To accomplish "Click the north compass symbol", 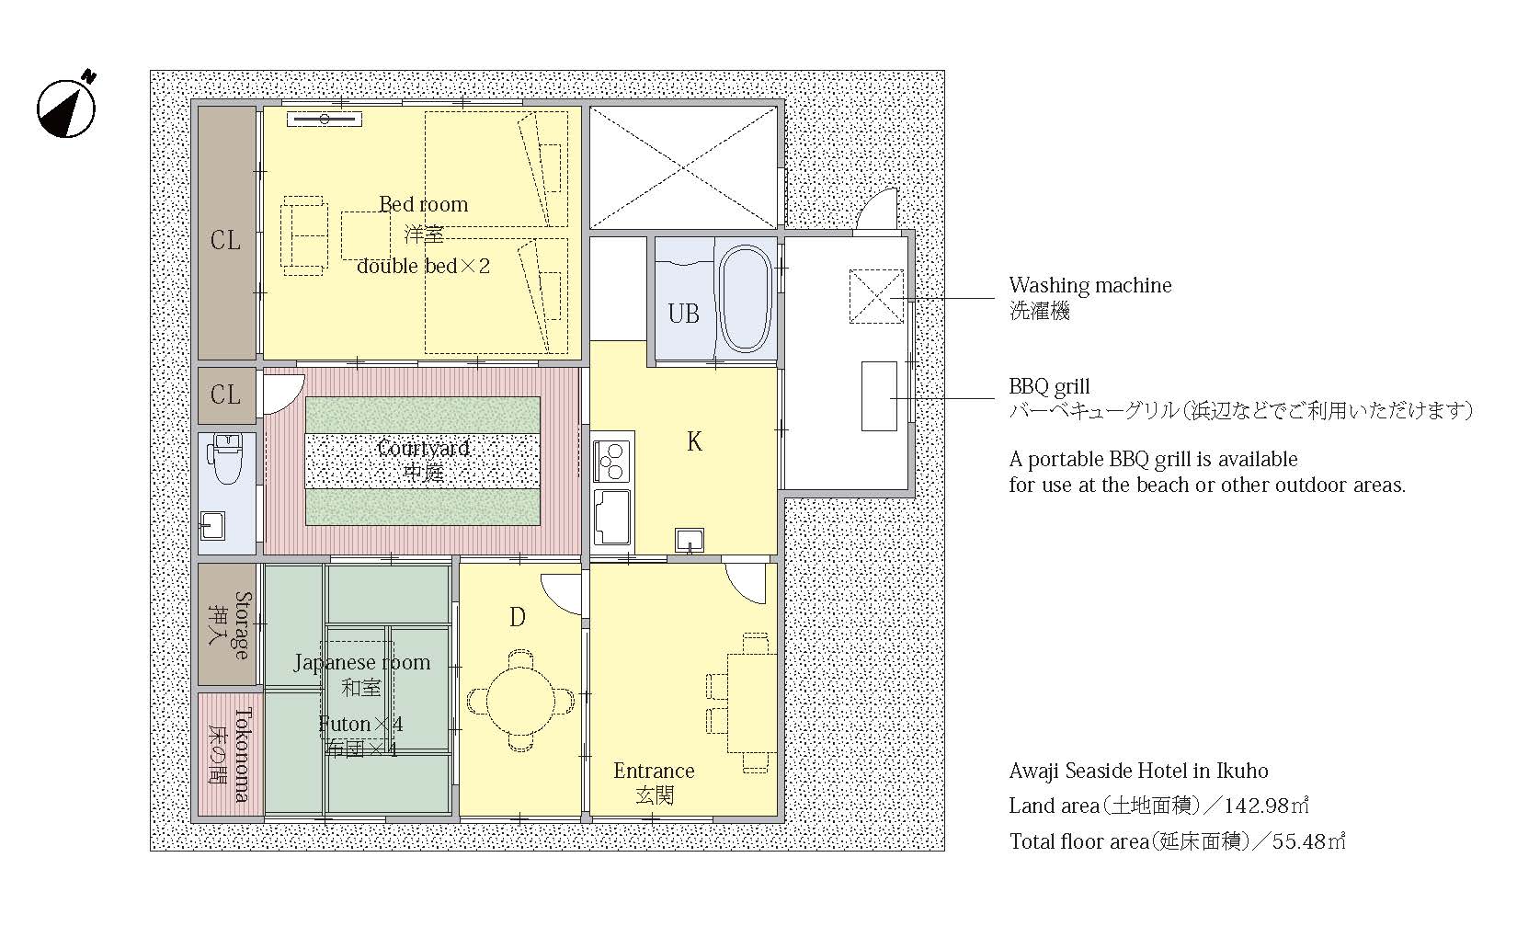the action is point(66,107).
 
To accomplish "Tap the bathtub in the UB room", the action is point(745,299).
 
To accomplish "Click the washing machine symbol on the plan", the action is point(876,296).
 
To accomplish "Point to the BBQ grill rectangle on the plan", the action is point(879,396).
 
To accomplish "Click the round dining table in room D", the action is point(520,701).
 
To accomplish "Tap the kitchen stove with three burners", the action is point(610,462).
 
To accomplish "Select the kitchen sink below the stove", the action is point(612,517).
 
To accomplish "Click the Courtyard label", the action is point(423,448).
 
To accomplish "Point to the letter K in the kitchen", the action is point(694,441).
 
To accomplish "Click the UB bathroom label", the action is point(683,314).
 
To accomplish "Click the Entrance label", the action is point(655,771).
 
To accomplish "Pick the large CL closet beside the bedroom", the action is point(226,233).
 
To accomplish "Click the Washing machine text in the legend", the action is point(1090,285).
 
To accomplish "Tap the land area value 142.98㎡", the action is point(1266,806).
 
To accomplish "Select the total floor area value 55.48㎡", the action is point(1308,841).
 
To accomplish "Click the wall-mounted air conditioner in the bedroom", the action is point(325,120).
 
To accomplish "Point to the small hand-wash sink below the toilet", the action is point(212,525).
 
